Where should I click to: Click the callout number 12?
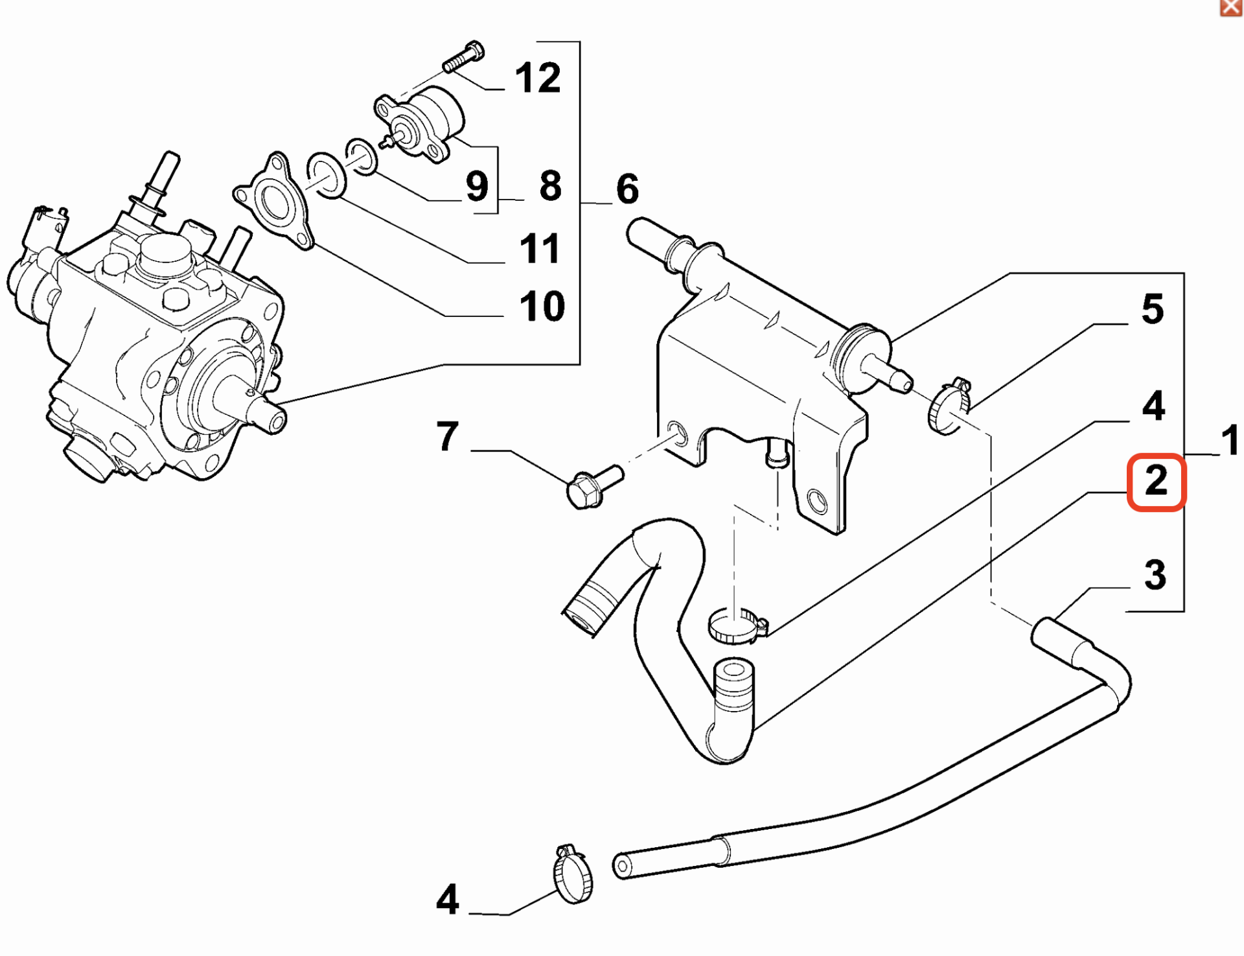coord(537,78)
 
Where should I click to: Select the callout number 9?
coord(477,187)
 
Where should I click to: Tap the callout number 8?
coord(550,186)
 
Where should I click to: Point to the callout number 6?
coord(627,189)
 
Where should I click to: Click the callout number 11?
coord(540,249)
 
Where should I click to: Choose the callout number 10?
coord(542,306)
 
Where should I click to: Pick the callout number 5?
coord(1153,309)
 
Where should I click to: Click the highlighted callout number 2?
coord(1157,482)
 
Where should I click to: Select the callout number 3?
coord(1155,575)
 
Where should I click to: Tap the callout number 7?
coord(448,436)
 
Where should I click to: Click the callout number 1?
coord(1230,440)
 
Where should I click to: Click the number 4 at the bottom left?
coord(448,900)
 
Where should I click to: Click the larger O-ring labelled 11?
coord(327,176)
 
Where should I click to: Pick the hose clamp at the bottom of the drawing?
coord(573,876)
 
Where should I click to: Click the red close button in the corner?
coord(1230,7)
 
